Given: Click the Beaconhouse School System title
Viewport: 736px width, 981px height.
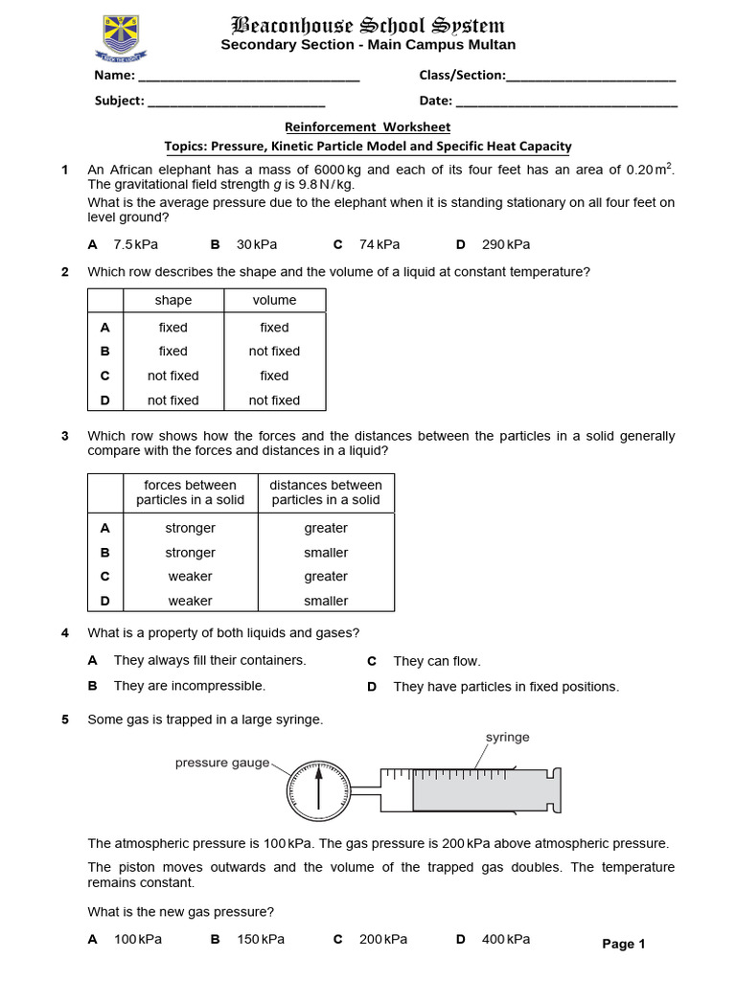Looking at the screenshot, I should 368,25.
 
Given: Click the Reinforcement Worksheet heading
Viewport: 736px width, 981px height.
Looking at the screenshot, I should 368,126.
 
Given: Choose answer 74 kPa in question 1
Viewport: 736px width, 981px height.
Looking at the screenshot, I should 376,244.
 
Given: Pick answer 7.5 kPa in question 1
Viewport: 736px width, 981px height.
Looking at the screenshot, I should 135,244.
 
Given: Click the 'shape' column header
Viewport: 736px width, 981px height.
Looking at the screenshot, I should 173,300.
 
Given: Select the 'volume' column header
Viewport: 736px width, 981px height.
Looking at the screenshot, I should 274,300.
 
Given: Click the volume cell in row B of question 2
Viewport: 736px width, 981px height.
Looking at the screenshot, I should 274,352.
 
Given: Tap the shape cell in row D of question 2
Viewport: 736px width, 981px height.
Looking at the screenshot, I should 173,400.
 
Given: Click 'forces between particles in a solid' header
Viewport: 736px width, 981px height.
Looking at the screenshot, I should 190,492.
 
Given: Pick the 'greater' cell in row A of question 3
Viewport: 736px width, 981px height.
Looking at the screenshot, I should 326,528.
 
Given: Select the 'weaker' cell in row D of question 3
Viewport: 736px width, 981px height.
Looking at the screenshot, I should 190,601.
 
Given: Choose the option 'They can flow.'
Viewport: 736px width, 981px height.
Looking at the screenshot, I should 437,661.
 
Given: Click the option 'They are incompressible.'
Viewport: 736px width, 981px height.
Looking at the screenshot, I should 190,686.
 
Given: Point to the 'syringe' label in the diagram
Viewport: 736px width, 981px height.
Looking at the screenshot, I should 507,738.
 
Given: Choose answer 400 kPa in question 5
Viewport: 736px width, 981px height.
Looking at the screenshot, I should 505,939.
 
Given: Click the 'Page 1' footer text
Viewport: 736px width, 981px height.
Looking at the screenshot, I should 623,944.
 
